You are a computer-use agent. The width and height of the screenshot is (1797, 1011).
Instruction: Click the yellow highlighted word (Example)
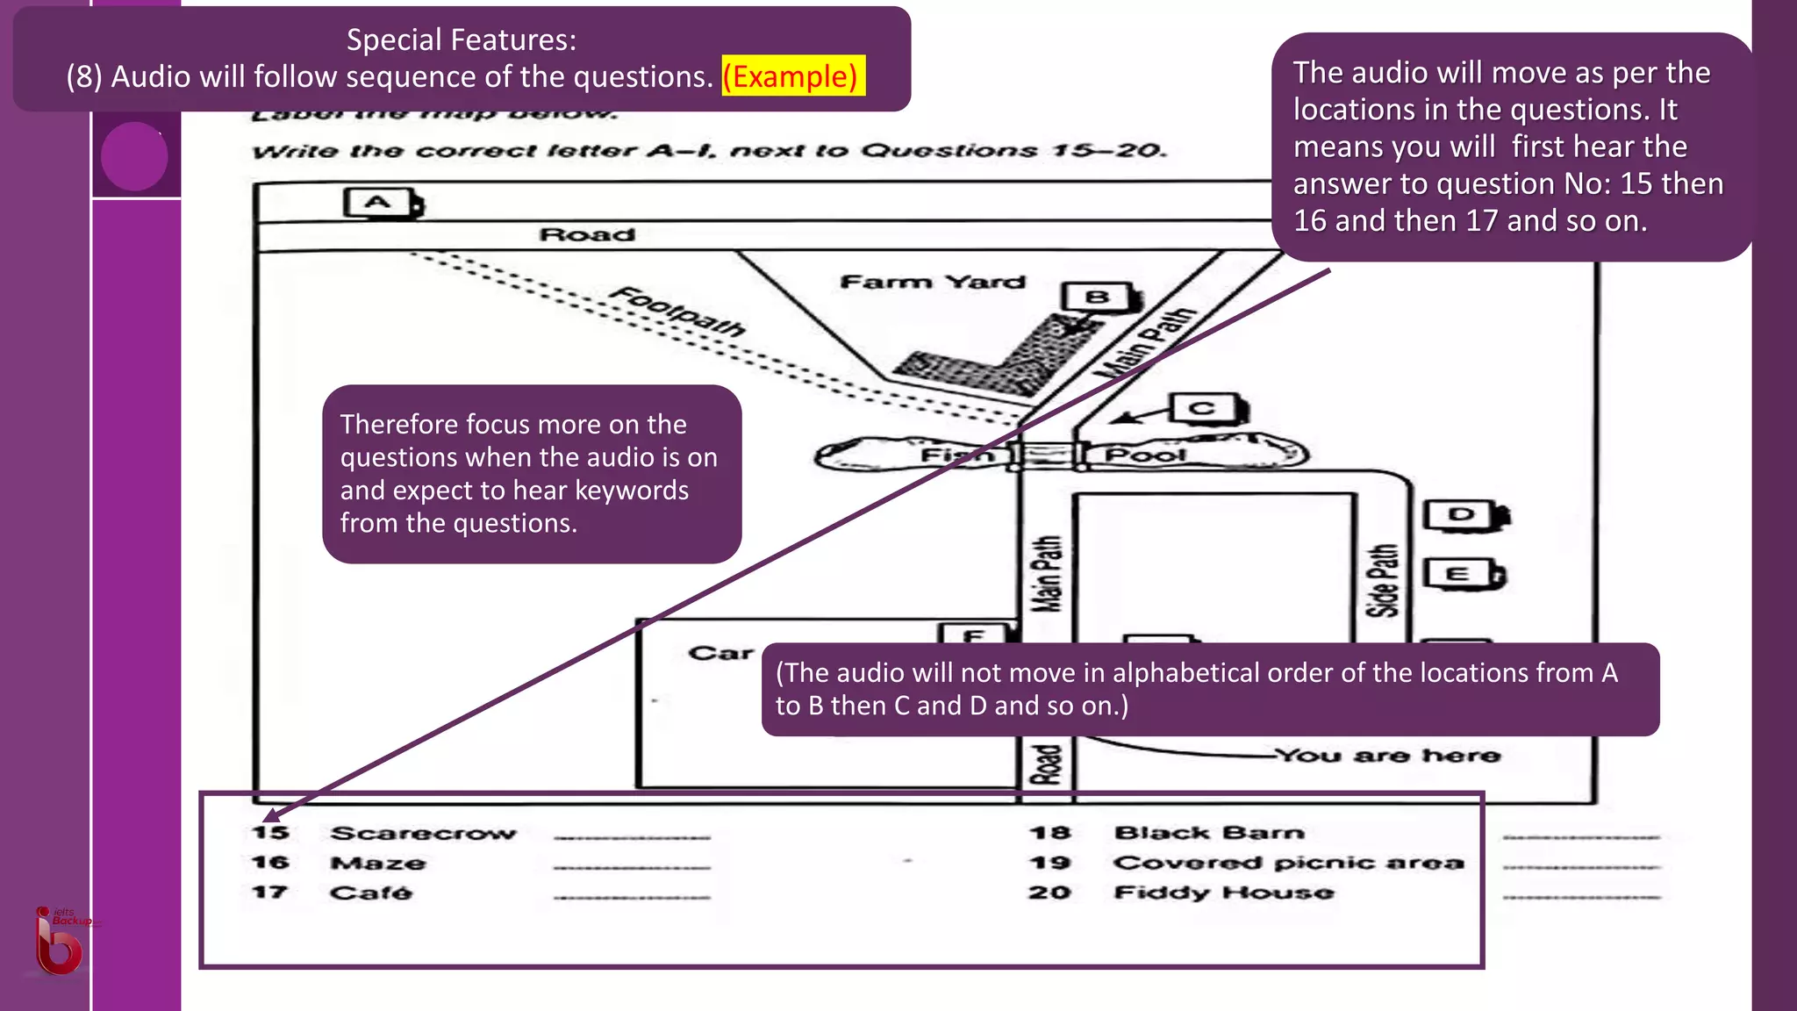click(x=792, y=76)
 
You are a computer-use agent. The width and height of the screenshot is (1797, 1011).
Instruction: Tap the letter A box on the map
click(x=380, y=203)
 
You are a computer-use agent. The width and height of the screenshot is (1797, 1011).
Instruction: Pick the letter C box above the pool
click(x=1205, y=408)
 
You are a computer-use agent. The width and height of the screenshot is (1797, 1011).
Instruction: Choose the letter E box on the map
click(x=1460, y=574)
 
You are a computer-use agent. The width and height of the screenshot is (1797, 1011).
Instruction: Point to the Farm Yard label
click(x=932, y=282)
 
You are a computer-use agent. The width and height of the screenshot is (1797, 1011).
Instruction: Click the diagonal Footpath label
click(x=678, y=312)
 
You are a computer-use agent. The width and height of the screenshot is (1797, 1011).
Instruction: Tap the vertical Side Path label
click(x=1384, y=580)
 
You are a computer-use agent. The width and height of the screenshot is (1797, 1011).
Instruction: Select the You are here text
click(x=1387, y=756)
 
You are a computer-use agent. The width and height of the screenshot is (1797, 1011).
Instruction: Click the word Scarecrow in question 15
click(x=423, y=833)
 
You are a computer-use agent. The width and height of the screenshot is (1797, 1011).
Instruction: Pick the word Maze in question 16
click(x=377, y=864)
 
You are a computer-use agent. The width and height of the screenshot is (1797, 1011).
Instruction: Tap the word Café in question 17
click(x=370, y=893)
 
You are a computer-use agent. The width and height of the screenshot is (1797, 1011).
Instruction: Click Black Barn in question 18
click(x=1209, y=833)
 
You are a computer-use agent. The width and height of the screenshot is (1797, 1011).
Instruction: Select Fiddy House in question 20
click(x=1223, y=893)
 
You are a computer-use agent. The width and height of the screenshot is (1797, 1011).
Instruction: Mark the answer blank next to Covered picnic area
click(x=1580, y=867)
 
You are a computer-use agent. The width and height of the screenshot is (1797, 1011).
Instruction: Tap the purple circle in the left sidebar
click(x=134, y=156)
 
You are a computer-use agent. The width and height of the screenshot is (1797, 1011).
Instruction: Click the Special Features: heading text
click(x=462, y=39)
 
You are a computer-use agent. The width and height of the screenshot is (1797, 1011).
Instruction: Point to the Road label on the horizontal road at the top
click(x=586, y=235)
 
